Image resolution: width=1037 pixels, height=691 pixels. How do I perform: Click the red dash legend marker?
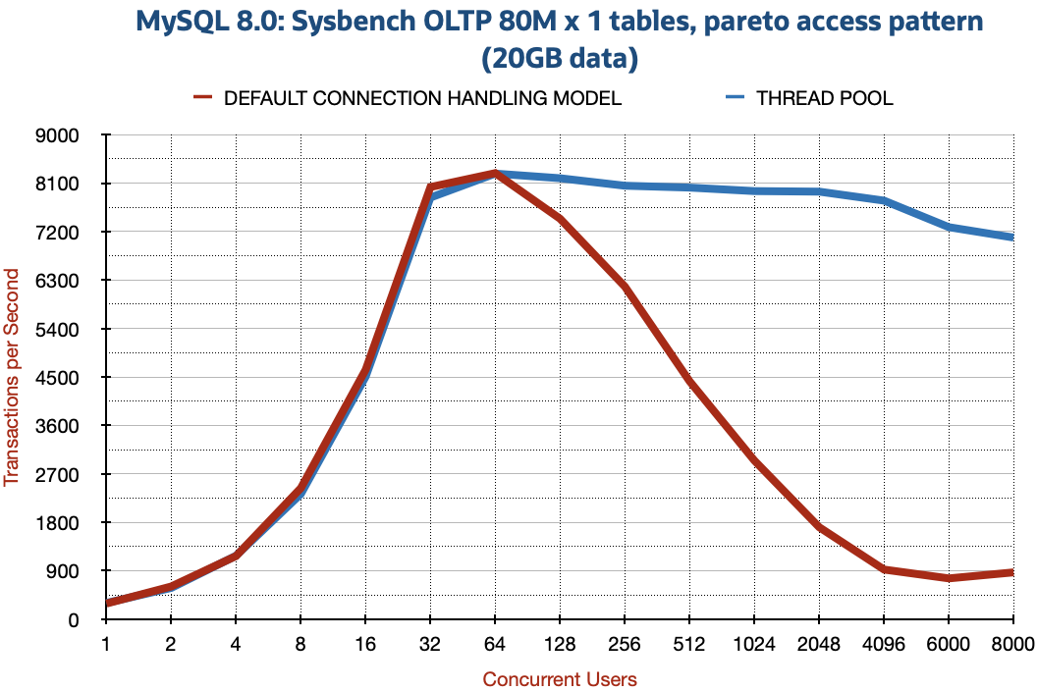click(x=202, y=96)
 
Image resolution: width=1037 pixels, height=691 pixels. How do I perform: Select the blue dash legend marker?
click(x=735, y=96)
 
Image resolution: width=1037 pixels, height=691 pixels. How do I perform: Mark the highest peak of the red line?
click(x=495, y=172)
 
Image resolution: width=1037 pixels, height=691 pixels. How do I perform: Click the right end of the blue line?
click(x=1011, y=237)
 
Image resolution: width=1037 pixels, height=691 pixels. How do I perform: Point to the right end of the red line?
click(x=1011, y=571)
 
